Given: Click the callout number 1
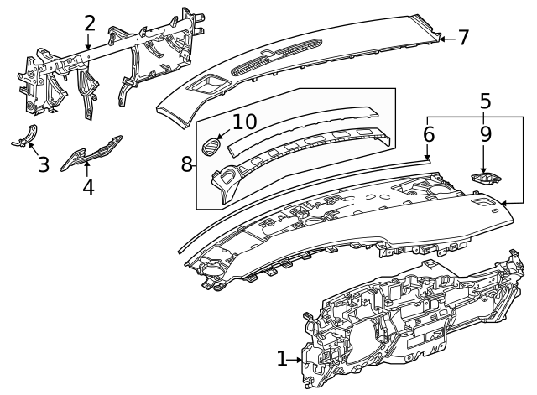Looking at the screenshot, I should coord(282,359).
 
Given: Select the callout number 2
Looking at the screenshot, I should coord(89,23).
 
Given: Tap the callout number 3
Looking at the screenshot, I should coord(44,163).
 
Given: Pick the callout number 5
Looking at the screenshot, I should coord(485,102).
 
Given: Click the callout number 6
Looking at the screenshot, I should coord(429,133).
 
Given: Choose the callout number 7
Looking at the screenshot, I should coord(463,38).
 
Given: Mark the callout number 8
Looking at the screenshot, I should coord(186,164).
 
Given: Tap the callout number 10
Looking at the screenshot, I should coord(244,122).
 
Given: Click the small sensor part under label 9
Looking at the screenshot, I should coord(486,177).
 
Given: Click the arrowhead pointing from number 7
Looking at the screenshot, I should coord(442,38).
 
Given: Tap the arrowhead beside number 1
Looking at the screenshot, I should coord(301,360).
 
